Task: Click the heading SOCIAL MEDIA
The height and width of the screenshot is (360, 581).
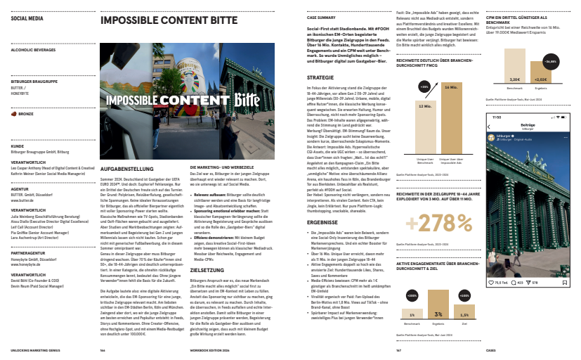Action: [27, 19]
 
